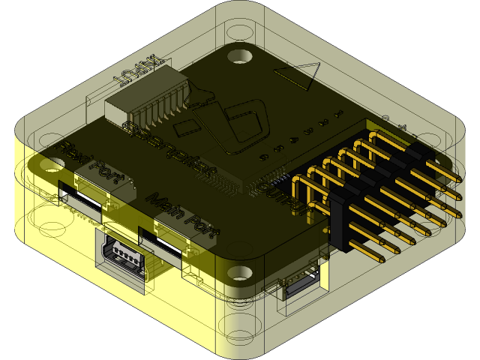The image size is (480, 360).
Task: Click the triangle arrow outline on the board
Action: click(x=300, y=76)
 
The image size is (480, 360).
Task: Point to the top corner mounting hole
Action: click(x=241, y=56)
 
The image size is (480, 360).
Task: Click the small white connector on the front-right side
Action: click(x=300, y=283)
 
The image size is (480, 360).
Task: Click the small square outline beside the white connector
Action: click(x=190, y=127)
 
